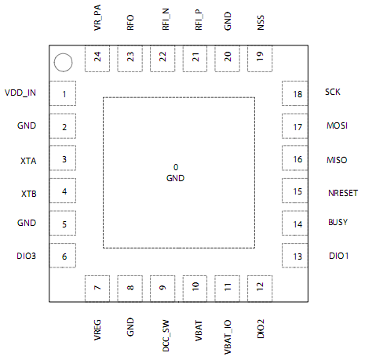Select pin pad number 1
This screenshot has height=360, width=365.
(64, 94)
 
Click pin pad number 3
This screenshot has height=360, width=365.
(64, 159)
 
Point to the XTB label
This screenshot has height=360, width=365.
(27, 193)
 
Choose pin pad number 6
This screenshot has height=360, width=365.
(64, 256)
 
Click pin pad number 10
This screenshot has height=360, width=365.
(195, 288)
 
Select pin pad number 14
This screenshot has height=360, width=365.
(297, 224)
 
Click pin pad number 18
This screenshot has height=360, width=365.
(297, 94)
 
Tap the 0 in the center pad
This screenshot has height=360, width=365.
(176, 167)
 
